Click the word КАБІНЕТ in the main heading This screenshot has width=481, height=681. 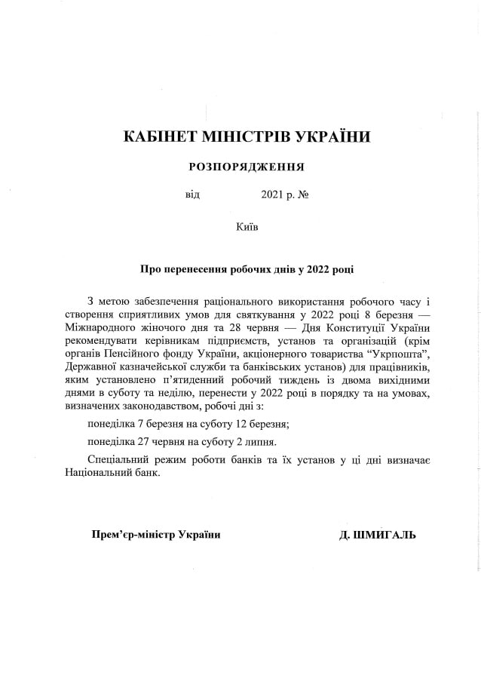(157, 137)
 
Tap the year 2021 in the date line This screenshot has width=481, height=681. (272, 195)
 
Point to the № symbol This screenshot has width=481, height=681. (305, 195)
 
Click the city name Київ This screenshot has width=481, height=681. (247, 225)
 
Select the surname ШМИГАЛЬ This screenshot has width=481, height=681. (388, 535)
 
